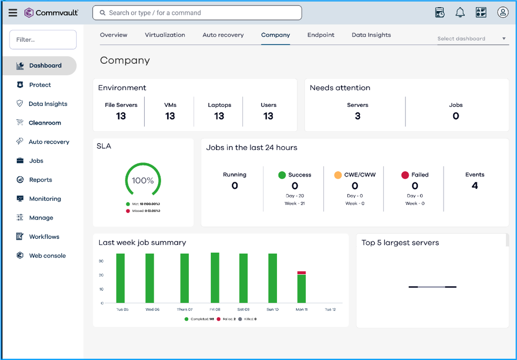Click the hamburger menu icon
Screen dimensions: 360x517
coord(13,13)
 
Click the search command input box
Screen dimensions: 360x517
coord(197,13)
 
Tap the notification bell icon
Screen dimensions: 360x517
coord(460,13)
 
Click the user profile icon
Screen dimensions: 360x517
coord(502,13)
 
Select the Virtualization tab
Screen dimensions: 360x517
coord(165,35)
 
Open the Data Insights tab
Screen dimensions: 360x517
coord(371,35)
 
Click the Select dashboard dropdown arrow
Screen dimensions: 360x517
coord(504,39)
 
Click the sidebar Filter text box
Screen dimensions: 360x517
coord(43,40)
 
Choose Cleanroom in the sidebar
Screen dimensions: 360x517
coord(45,123)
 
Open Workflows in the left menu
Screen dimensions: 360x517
coord(44,237)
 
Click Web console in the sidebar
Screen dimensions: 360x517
coord(47,256)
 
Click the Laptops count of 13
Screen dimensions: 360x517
coord(219,116)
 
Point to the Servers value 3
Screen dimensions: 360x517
coord(357,116)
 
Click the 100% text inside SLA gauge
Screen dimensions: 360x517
coord(143,181)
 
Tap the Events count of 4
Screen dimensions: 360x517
coord(474,186)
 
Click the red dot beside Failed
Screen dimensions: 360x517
coord(405,175)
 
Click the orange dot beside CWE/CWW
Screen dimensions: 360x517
coord(338,175)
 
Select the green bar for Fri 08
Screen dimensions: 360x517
coord(215,278)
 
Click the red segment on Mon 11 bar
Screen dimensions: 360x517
coord(301,273)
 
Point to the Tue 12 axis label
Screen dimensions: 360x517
coord(330,310)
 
